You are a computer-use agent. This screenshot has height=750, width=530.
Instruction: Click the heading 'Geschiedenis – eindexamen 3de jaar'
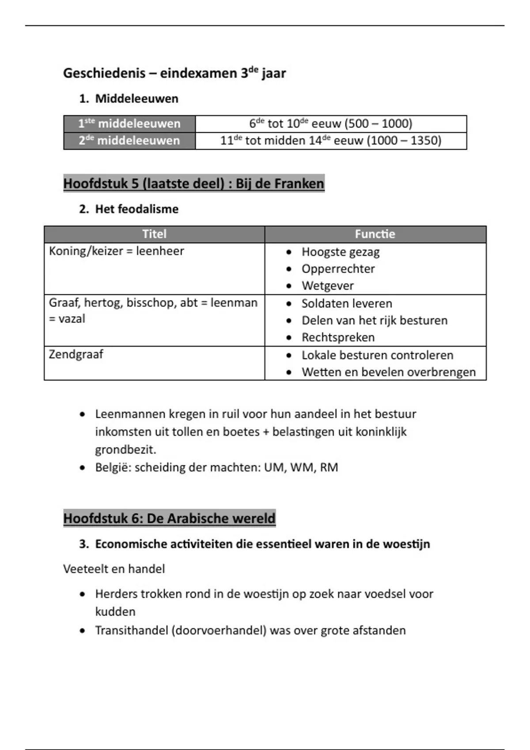tap(174, 73)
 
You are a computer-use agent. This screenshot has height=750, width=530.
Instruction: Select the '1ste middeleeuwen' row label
tap(129, 124)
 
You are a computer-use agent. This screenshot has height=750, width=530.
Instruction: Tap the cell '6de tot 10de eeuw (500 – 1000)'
tap(331, 124)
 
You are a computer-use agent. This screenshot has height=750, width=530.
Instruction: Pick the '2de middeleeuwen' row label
tap(129, 141)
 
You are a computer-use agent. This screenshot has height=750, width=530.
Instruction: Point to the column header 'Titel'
tap(154, 234)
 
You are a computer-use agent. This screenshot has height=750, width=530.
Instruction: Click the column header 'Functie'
tap(375, 234)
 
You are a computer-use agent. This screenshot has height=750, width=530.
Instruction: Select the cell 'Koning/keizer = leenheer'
tap(116, 251)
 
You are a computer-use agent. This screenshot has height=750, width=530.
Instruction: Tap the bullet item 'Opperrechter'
tap(338, 269)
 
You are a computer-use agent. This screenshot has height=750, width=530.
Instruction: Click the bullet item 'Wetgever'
tap(328, 286)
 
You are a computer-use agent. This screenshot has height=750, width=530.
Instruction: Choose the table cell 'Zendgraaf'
tap(76, 354)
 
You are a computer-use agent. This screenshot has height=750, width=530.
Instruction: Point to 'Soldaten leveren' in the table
tap(347, 304)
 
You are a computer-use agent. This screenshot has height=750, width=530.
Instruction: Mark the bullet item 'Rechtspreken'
tap(338, 337)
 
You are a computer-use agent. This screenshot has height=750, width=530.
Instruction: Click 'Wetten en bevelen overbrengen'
tap(389, 372)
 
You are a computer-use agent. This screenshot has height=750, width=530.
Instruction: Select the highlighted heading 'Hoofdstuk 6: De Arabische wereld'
tap(169, 518)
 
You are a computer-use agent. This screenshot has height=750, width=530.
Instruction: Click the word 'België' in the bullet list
tap(113, 467)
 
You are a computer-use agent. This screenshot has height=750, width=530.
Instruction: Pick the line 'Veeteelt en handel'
tap(114, 569)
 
